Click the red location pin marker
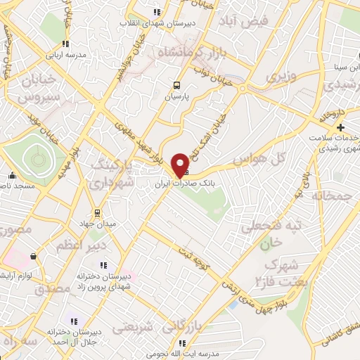pyautogui.click(x=181, y=165)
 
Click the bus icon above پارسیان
pyautogui.click(x=176, y=86)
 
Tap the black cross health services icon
pyautogui.click(x=341, y=127)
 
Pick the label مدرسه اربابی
pyautogui.click(x=65, y=54)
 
